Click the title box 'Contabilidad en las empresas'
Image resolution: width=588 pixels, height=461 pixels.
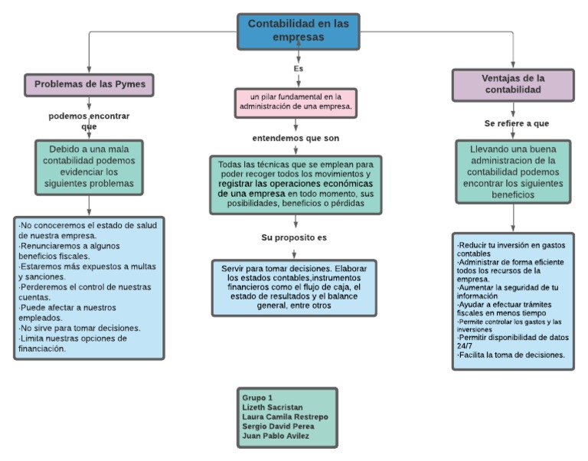pos(298,31)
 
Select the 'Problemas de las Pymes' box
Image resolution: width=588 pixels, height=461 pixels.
pos(89,83)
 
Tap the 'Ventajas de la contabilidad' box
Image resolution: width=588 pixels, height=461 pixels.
pos(512,83)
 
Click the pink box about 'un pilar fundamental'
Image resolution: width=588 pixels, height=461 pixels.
pos(295,102)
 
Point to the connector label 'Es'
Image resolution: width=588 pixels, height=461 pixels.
pos(298,69)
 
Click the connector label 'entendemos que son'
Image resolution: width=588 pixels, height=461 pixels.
pos(296,139)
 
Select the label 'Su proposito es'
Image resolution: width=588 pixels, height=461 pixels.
pos(294,237)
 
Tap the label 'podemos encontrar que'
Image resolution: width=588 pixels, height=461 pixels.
pos(89,121)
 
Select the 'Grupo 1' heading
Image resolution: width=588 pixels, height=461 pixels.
pos(257,398)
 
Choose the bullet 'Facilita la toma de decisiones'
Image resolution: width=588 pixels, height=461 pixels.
pos(511,355)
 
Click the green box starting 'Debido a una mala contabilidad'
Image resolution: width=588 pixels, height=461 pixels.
pos(91,167)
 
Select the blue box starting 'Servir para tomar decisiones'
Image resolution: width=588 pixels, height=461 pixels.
pos(294,287)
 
